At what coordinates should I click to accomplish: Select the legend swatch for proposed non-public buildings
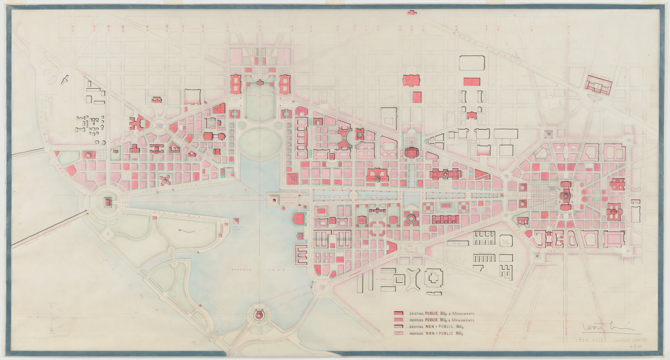point(398,333)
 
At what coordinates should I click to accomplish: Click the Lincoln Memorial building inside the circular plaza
point(108,202)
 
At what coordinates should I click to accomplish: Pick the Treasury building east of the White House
point(286,84)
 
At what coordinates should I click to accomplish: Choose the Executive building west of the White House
point(235,84)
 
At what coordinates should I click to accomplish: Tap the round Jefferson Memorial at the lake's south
point(259,315)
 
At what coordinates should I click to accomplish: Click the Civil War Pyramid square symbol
point(236,221)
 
